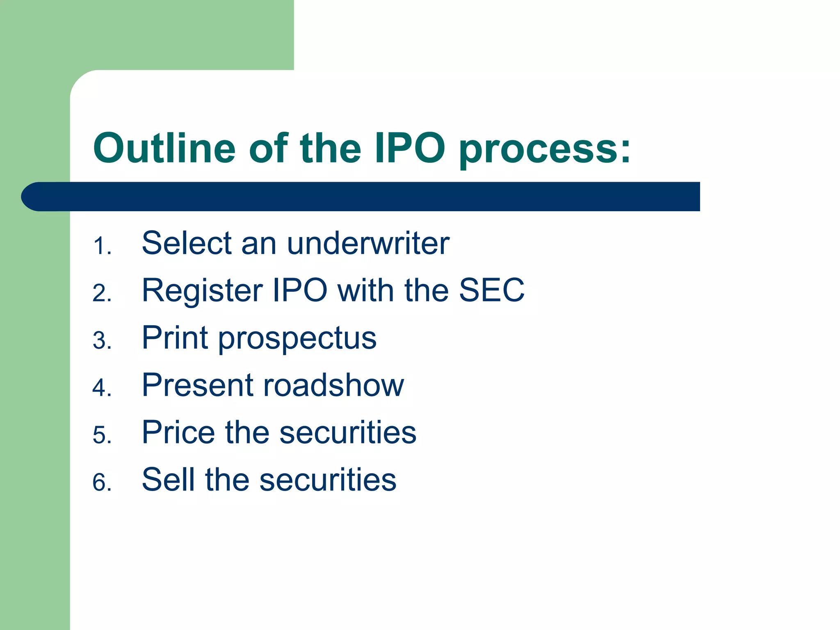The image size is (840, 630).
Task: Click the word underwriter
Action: point(368,243)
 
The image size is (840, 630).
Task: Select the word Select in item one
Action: point(187,243)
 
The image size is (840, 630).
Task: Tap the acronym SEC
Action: point(491,290)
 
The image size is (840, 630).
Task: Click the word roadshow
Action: point(333,386)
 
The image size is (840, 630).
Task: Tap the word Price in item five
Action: point(178,432)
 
